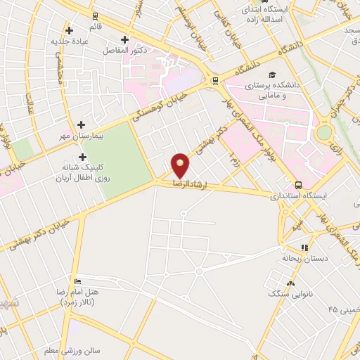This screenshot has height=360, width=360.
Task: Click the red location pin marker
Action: coord(181,165)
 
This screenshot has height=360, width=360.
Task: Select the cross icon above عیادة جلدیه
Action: coord(69,30)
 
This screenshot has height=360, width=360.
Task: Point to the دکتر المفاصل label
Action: coord(124,51)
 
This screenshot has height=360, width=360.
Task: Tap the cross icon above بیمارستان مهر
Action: coord(82,125)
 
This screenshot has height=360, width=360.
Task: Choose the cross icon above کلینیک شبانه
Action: coord(83,157)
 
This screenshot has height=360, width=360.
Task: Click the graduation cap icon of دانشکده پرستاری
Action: coord(271,74)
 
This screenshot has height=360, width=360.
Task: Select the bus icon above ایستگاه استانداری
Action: coord(300,185)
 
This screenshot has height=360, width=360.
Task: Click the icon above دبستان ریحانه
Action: coord(304,247)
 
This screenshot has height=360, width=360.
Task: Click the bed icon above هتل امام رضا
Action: coord(77,280)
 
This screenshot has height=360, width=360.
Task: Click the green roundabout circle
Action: coord(323,132)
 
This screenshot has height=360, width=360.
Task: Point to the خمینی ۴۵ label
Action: coord(342,310)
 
